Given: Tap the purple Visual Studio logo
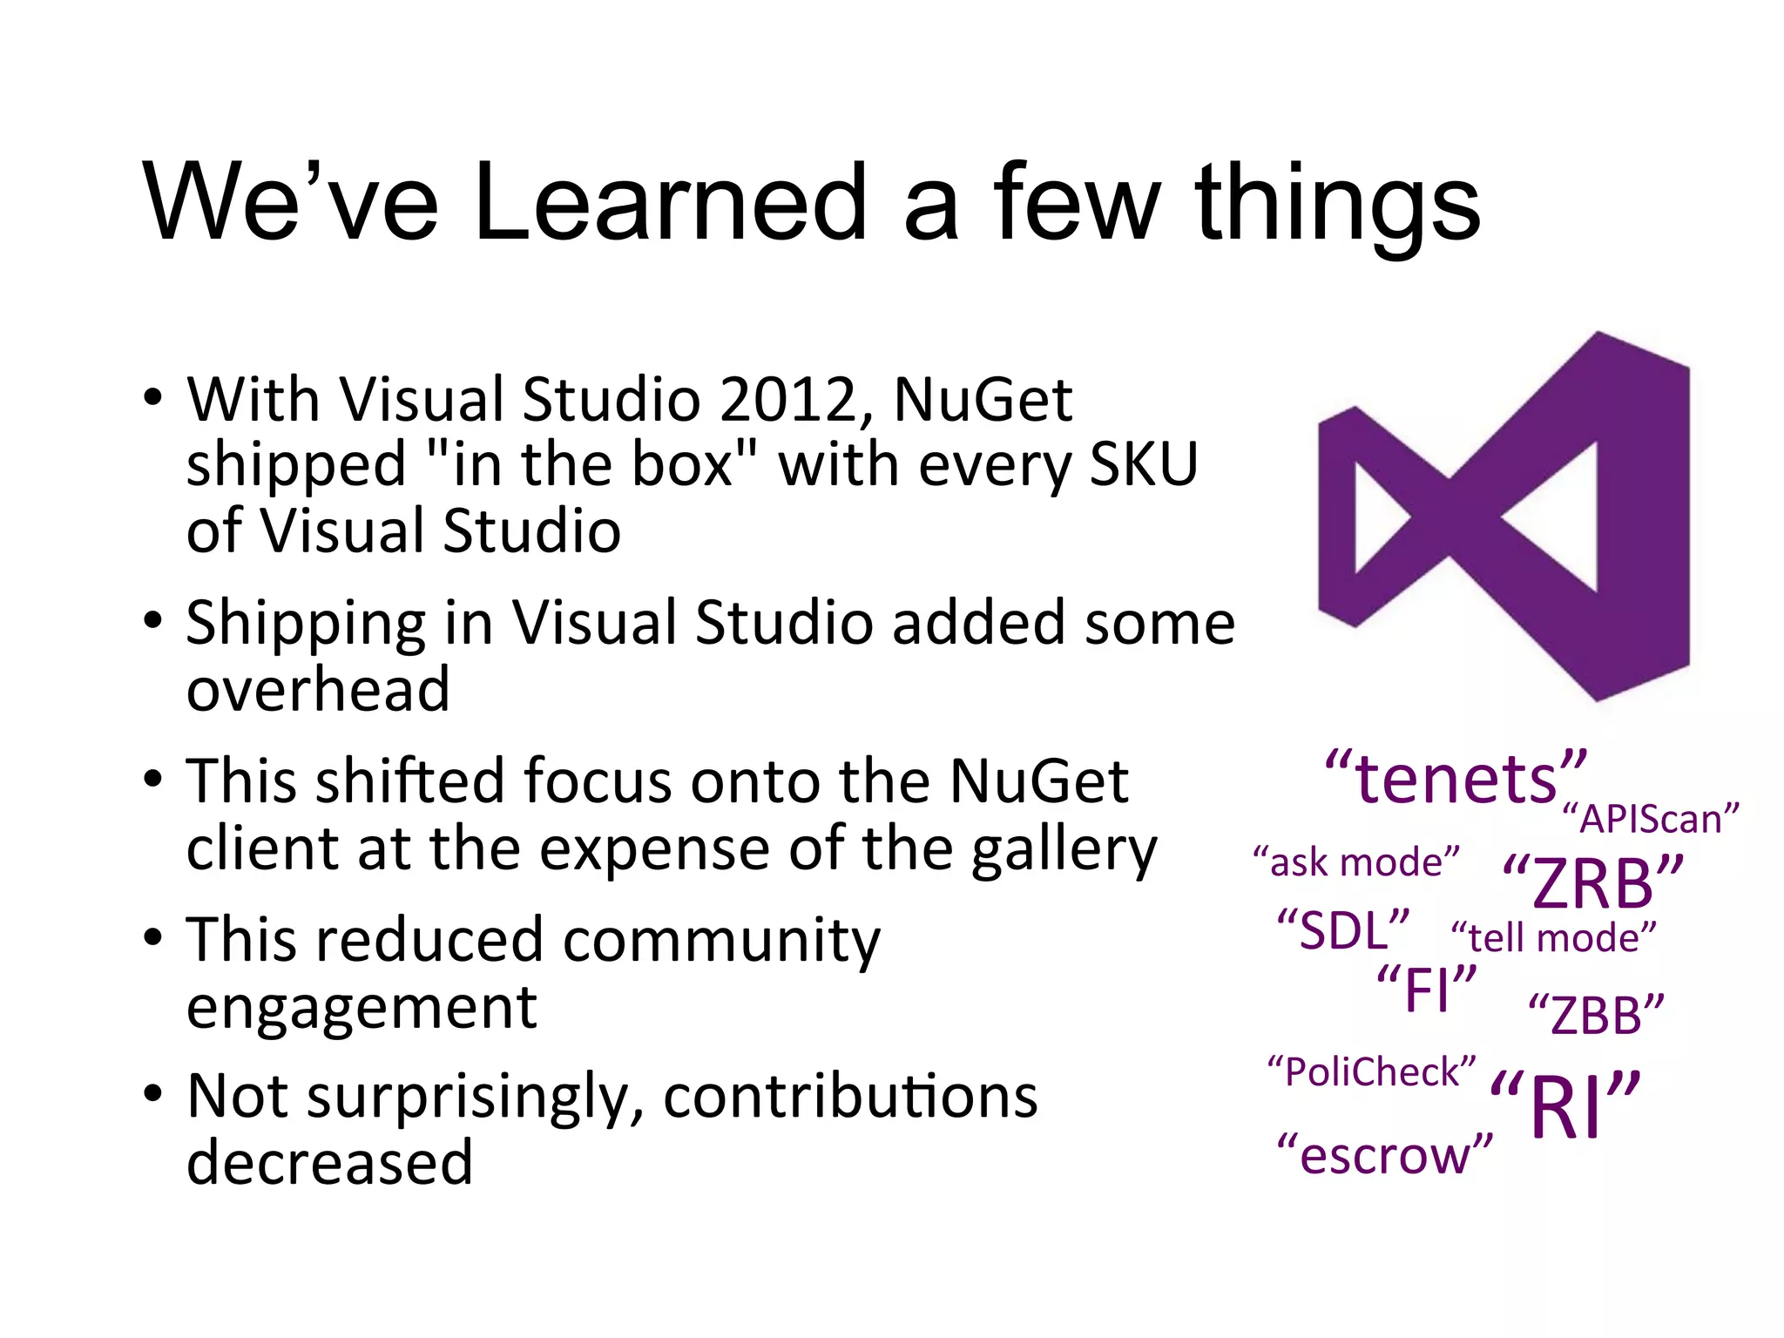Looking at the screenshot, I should pos(1505,516).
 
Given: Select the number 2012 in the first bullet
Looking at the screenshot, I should pos(797,400).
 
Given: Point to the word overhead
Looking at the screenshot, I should pos(318,689).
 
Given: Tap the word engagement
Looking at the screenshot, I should pos(362,1008).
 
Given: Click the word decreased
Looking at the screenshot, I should pos(329,1163).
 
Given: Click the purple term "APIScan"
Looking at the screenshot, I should pos(1650,820).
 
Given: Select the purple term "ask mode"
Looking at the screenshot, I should pos(1356,862).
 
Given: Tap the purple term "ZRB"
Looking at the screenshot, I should pos(1593,882).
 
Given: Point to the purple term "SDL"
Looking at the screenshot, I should pos(1342,929).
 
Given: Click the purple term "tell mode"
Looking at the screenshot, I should pos(1553,938).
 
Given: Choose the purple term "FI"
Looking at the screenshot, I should pos(1427,990).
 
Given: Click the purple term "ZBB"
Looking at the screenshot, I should pos(1596,1015).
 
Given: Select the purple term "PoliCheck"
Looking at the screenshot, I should pos(1371,1071).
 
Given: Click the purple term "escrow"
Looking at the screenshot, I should pos(1384,1155).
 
